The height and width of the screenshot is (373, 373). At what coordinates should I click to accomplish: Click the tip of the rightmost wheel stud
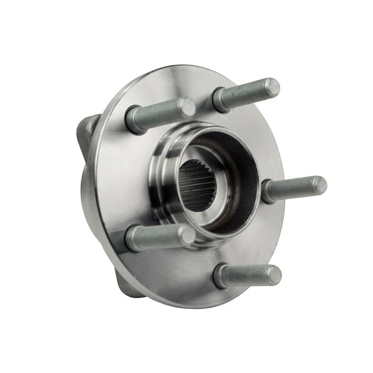(x=320, y=185)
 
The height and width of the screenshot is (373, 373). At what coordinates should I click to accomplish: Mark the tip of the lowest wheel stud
(x=274, y=274)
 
